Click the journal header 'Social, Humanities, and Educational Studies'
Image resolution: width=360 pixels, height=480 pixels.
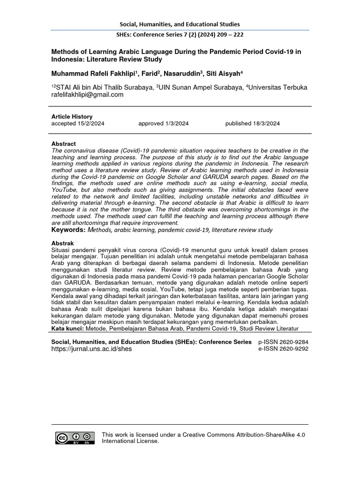[180, 24]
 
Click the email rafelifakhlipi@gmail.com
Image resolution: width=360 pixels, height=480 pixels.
[87, 94]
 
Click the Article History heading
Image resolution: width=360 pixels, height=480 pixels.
[72, 116]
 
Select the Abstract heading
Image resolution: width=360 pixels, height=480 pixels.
[63, 143]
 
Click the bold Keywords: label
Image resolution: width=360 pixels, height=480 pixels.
[68, 230]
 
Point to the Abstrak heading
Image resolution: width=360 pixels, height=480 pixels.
[63, 244]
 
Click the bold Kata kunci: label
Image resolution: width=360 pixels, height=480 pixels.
[67, 329]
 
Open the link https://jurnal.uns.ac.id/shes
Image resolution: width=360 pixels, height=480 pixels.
[91, 349]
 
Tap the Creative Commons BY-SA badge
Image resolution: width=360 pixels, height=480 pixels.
[75, 438]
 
